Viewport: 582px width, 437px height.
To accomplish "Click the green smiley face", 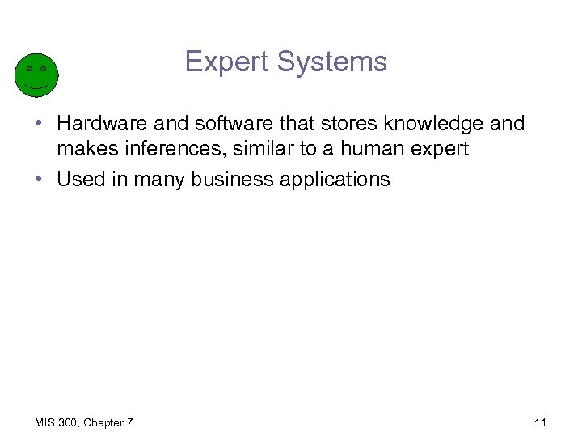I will point(36,75).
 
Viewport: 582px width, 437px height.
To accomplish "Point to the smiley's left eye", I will point(28,69).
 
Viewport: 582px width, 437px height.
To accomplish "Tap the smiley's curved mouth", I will point(36,86).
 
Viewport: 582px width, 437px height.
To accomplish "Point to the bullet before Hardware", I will point(38,125).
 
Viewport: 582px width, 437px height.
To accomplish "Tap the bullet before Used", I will point(38,180).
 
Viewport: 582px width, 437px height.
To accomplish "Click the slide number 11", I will point(541,422).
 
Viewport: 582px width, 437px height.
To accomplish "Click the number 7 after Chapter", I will point(130,422).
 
